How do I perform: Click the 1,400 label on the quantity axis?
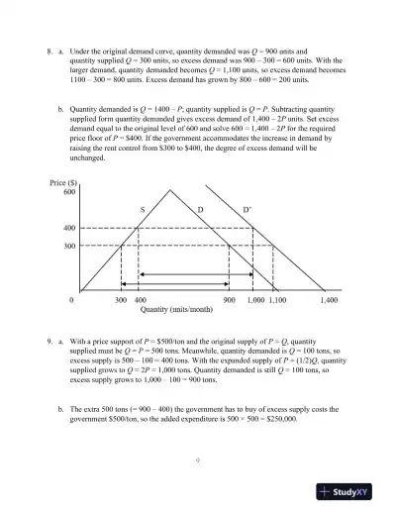[x=330, y=298]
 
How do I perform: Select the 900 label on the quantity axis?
[x=229, y=298]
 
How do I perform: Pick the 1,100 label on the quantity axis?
[x=277, y=298]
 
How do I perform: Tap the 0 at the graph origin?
[x=71, y=298]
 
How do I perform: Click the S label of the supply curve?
[x=143, y=210]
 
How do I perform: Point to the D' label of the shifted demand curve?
[x=247, y=210]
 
